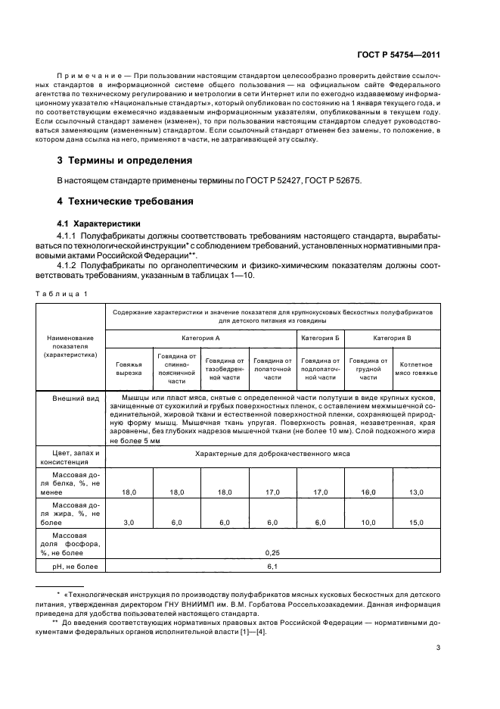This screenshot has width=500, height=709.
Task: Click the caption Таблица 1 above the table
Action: click(64, 293)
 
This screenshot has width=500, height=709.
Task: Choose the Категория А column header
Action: click(200, 338)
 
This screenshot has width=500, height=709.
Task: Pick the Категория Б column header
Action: click(320, 338)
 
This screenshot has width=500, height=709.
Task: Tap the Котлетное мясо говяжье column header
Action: click(415, 369)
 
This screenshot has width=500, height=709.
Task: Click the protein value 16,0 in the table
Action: click(368, 492)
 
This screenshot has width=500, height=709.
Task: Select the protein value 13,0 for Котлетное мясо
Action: click(415, 492)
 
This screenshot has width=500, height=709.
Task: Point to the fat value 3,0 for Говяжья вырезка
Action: click(129, 523)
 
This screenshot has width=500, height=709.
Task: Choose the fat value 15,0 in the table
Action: click(415, 523)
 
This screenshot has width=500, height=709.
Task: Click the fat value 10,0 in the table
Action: click(368, 523)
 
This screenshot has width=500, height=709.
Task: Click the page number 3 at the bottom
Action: click(438, 648)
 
